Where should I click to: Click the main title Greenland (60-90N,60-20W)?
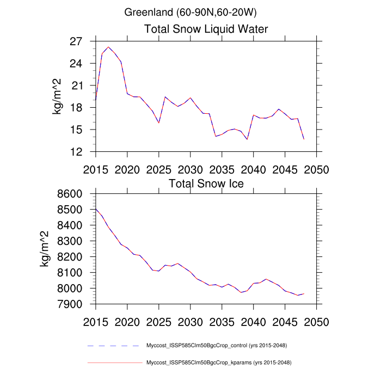click(190, 11)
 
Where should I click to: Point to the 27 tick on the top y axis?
click(83, 41)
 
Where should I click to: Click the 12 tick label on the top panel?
click(83, 152)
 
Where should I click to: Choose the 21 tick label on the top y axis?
click(83, 85)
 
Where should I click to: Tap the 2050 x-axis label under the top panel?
click(317, 169)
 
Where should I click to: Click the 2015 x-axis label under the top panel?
click(96, 169)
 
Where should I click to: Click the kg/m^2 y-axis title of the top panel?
click(57, 96)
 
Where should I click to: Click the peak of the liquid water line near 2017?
click(108, 47)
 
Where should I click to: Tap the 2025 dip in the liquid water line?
click(159, 123)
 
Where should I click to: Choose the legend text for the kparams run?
click(218, 362)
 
